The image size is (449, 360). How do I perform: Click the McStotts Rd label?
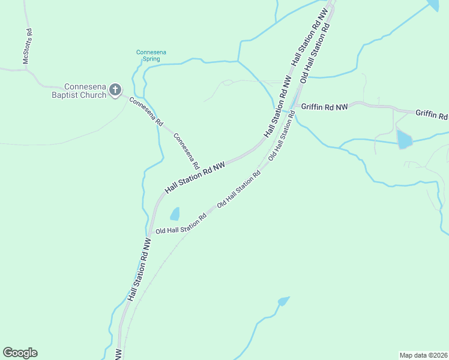pos(26,46)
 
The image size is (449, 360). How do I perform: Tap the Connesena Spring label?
pos(151,55)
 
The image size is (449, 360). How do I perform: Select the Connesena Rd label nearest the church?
pos(146,111)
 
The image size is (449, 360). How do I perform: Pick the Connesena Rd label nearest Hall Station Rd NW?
pos(186,151)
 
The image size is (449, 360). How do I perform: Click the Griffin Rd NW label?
pos(324,107)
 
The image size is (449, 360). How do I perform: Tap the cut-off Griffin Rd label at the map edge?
pos(432,115)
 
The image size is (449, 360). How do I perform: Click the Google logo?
pos(20,352)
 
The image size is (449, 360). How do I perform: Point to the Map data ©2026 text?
pos(424,355)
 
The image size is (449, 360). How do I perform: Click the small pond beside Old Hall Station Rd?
pos(175,214)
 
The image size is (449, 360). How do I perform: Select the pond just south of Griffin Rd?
pos(404,140)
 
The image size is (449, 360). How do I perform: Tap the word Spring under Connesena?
pos(151,59)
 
